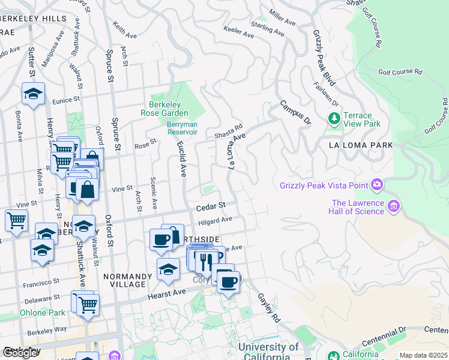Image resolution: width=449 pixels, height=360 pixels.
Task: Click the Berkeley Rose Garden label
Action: (169, 108)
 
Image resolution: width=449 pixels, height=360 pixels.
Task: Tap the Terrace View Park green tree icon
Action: (334, 119)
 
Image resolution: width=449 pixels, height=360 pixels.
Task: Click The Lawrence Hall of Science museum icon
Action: (394, 207)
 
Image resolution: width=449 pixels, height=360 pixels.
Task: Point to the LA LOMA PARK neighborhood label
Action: (361, 145)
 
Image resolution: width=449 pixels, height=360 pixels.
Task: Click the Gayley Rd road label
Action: (269, 307)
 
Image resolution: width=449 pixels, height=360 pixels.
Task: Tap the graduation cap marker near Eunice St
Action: (33, 94)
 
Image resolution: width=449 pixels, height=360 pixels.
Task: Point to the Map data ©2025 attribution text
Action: (423, 355)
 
